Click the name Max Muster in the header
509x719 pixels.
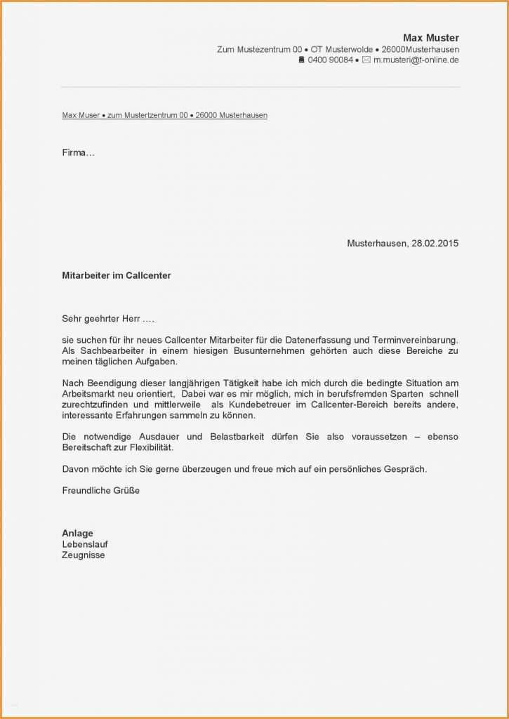tap(430, 37)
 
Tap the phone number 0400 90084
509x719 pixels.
tap(331, 60)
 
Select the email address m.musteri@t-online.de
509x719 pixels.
tap(416, 60)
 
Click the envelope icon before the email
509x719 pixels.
tap(366, 60)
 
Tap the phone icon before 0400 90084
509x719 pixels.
tap(302, 60)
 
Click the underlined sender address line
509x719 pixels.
tap(164, 114)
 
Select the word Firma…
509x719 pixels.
tap(78, 152)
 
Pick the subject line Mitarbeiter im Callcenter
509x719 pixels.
tap(117, 275)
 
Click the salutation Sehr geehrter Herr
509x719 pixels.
tap(101, 318)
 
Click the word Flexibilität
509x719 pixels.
tap(146, 447)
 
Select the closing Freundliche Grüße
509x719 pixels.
tap(100, 490)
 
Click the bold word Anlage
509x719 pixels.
tap(77, 533)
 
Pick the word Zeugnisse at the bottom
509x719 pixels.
tap(83, 555)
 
